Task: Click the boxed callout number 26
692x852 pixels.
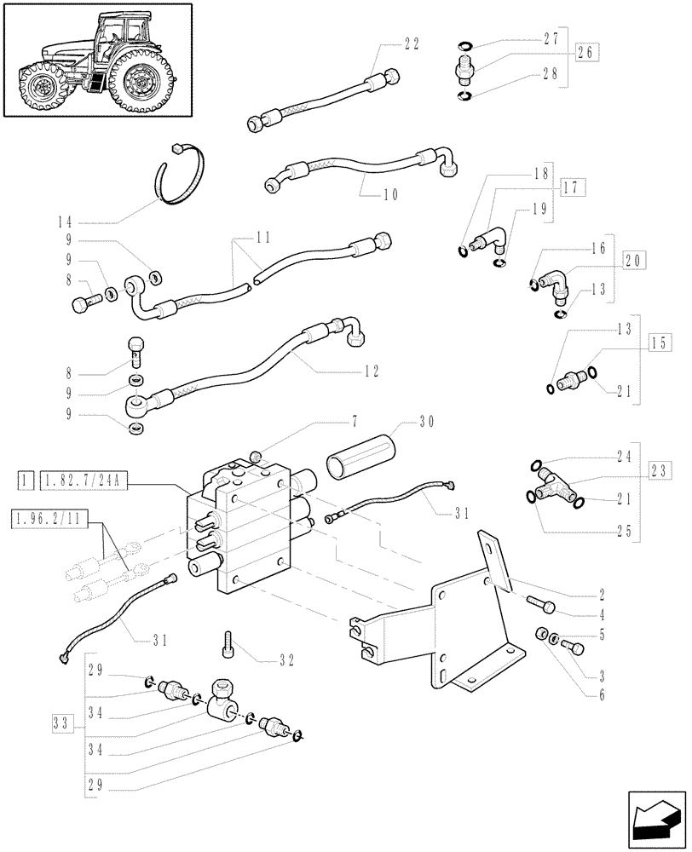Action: (585, 53)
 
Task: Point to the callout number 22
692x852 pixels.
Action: (410, 46)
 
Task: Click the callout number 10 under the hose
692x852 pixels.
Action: (389, 194)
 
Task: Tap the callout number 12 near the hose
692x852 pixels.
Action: (369, 371)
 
